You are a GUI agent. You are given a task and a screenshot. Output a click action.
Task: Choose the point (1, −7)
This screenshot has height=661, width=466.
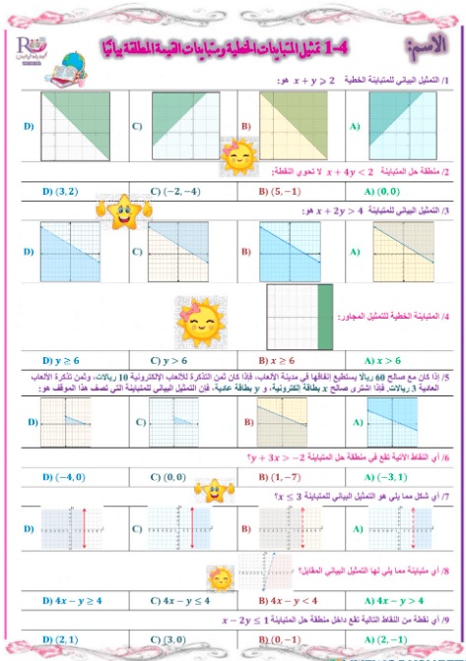point(282,477)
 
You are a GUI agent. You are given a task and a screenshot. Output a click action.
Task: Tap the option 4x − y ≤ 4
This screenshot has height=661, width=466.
point(176,599)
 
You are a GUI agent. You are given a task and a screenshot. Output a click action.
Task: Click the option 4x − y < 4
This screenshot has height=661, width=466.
point(286,599)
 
